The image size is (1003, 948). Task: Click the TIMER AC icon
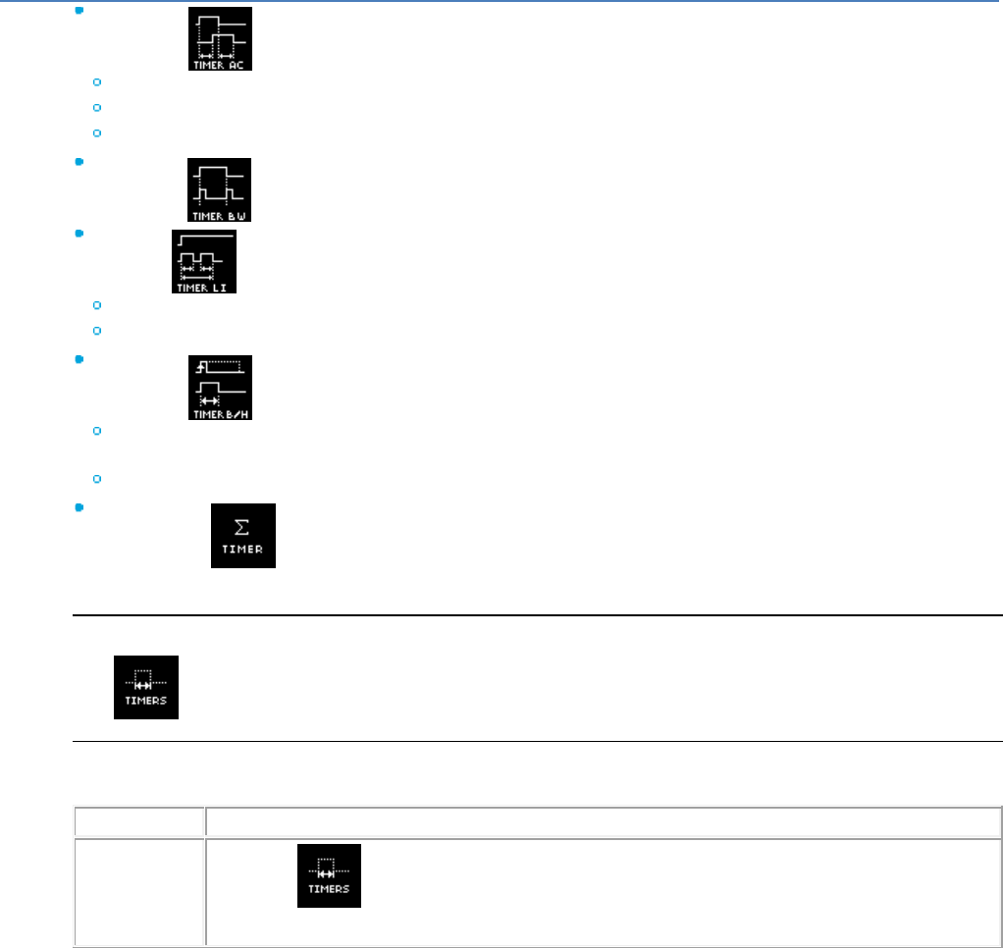point(220,38)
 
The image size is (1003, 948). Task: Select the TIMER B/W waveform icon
point(220,189)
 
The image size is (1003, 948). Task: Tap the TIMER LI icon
point(204,261)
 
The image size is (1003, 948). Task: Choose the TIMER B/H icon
point(220,388)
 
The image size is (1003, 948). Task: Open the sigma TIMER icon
point(243,535)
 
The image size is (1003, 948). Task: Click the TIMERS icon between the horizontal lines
point(146,687)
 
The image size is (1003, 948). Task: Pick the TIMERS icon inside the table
point(330,875)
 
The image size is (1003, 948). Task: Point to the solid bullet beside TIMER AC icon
point(78,10)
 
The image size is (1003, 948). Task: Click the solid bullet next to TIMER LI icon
point(78,234)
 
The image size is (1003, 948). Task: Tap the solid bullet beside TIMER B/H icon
point(78,359)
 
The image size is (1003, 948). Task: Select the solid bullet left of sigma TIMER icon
point(78,507)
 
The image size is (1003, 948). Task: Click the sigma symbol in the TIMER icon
point(243,528)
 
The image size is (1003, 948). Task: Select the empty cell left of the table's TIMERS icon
point(139,891)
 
